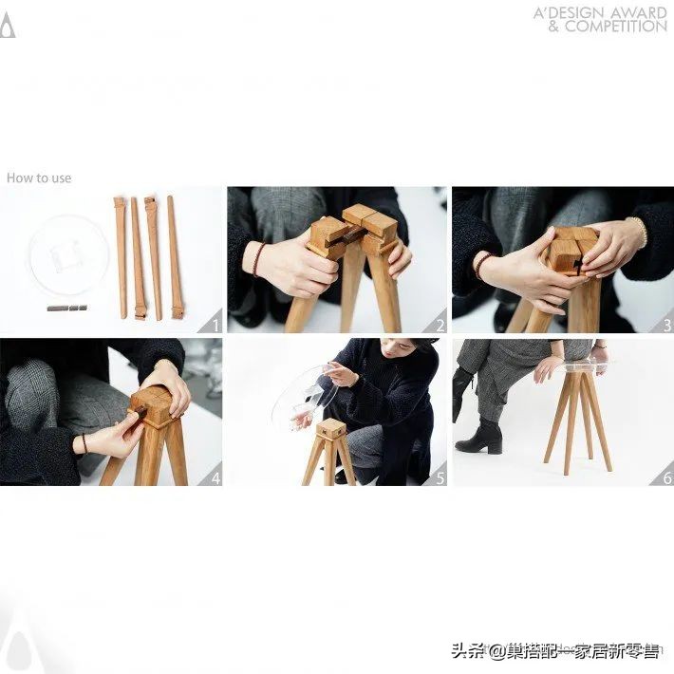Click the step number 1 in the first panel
215,326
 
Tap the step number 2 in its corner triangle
440,326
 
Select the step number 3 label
666,326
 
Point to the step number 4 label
215,478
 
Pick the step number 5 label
440,478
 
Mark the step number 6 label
666,478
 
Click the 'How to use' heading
39,178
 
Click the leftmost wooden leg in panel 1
120,256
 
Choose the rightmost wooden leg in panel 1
175,256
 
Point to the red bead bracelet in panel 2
258,259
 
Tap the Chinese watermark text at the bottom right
555,650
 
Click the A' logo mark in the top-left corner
8,26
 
